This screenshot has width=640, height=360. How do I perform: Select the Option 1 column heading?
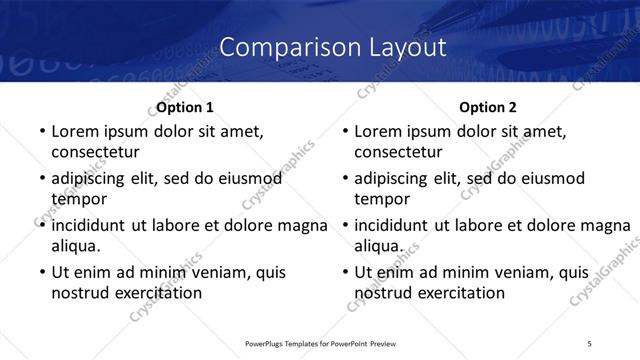tap(185, 107)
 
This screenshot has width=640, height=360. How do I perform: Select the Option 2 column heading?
tap(489, 107)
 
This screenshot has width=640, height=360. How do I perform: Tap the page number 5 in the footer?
tap(590, 343)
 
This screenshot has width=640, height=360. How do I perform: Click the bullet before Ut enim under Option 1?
tap(40, 272)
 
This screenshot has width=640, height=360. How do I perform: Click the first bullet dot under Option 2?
tap(344, 132)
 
